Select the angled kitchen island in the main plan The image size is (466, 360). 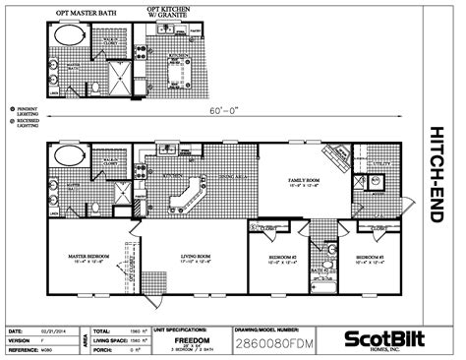pyautogui.click(x=185, y=197)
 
